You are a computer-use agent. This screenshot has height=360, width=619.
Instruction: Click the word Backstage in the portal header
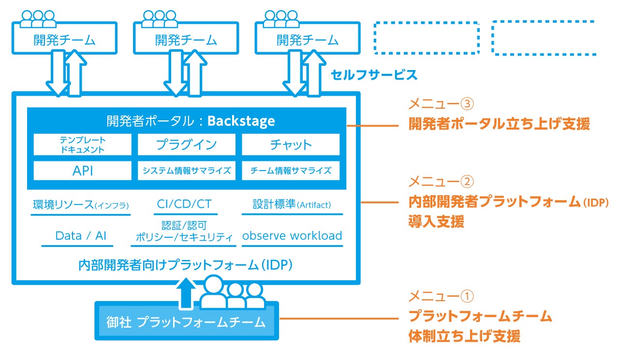coord(241,120)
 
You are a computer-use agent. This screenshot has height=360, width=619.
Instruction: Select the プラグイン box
coord(186,144)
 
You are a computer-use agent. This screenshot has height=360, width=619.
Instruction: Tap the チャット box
coord(291,144)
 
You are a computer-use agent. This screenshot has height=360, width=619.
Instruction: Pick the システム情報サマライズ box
coord(186,170)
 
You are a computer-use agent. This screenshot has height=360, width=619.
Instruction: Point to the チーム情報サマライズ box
coord(291,170)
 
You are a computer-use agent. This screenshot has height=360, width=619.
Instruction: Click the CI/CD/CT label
coord(184,204)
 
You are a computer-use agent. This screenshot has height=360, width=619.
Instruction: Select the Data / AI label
coord(81,236)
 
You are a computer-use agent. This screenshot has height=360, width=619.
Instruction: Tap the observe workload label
coord(292,236)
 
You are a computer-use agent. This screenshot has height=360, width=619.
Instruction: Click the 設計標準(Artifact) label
coord(292,204)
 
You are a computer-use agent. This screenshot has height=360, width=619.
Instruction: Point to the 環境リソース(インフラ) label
coord(81,204)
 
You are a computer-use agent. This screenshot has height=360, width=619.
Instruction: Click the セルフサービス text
coord(373,75)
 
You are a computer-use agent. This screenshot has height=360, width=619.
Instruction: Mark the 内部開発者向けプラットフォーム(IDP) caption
coord(186,265)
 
